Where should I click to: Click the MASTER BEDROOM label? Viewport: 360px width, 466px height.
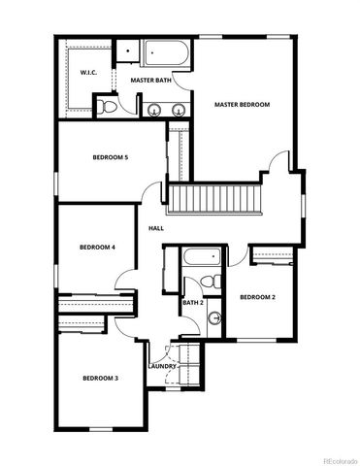tap(242, 105)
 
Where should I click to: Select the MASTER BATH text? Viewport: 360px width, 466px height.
tap(151, 82)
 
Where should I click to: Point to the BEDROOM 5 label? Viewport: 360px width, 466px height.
tap(111, 156)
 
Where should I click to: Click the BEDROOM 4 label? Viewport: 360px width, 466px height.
tap(97, 248)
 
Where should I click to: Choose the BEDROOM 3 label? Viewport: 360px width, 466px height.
tap(100, 378)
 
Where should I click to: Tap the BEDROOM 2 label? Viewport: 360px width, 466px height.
tap(258, 296)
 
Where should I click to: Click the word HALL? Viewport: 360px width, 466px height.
tap(155, 229)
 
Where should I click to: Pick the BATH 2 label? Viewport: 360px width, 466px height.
tap(193, 303)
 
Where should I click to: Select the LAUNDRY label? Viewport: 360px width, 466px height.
tap(162, 366)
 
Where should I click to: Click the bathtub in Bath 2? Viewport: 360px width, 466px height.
tap(201, 260)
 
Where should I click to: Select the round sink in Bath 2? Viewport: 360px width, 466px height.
tap(215, 317)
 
